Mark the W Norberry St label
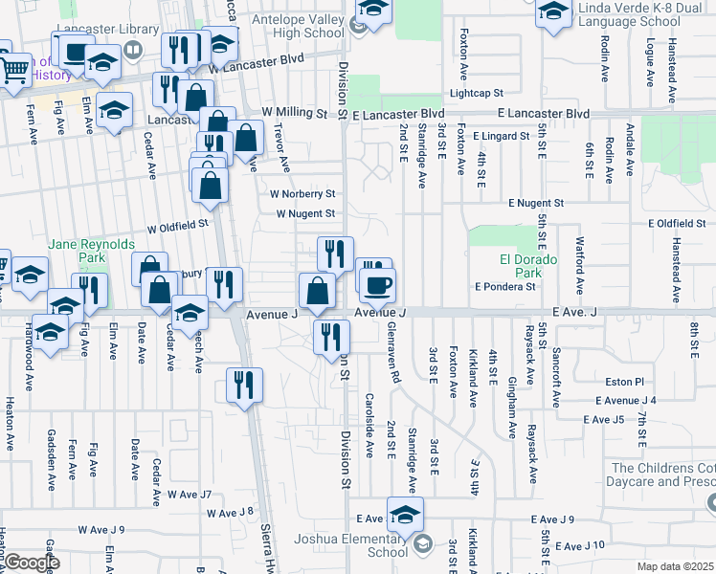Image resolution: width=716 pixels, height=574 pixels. [302, 194]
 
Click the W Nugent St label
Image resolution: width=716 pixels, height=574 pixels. [305, 213]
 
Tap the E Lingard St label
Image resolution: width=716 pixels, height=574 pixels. [501, 136]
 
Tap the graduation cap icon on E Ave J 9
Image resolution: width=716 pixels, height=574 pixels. [405, 514]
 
